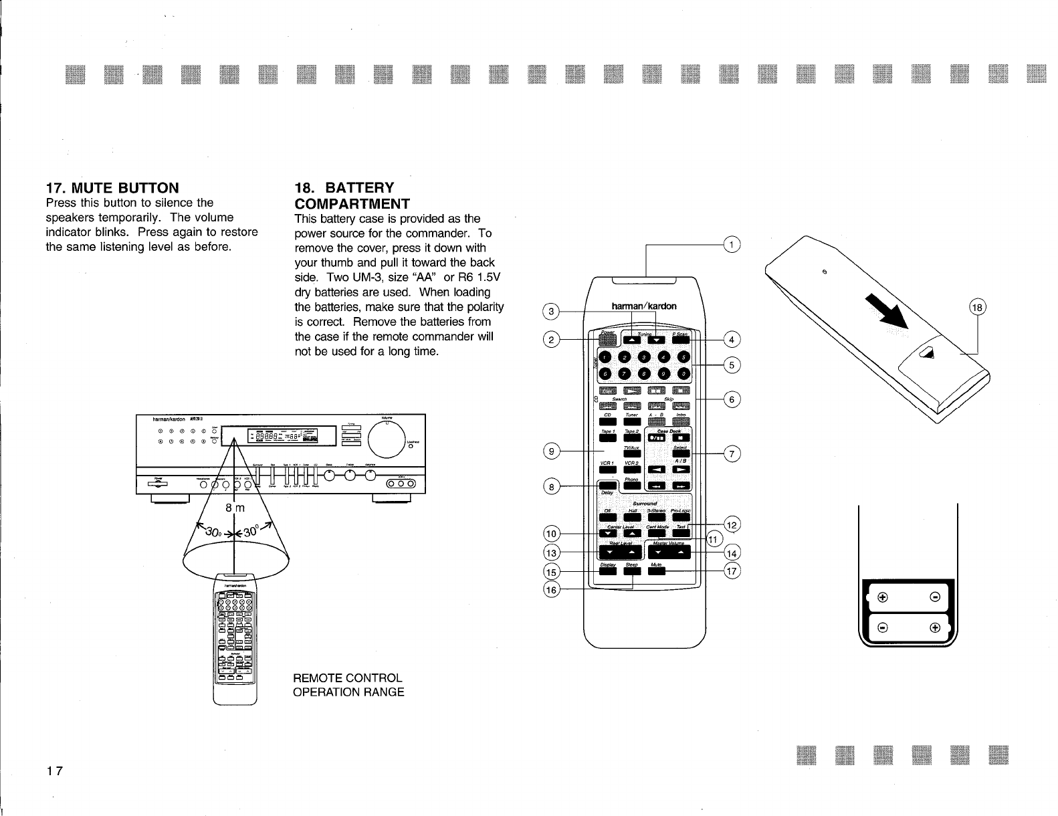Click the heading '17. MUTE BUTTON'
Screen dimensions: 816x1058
click(112, 187)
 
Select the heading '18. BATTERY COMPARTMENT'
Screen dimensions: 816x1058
click(352, 195)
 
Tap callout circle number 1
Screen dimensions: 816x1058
click(733, 245)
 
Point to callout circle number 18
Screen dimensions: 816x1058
click(978, 308)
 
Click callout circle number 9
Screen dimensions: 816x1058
click(552, 451)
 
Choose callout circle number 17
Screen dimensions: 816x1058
click(733, 571)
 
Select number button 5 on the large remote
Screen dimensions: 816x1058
click(682, 356)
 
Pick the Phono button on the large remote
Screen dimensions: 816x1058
click(632, 486)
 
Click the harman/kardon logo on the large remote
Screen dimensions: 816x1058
click(643, 306)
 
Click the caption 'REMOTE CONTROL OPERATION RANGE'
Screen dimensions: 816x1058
click(348, 685)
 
